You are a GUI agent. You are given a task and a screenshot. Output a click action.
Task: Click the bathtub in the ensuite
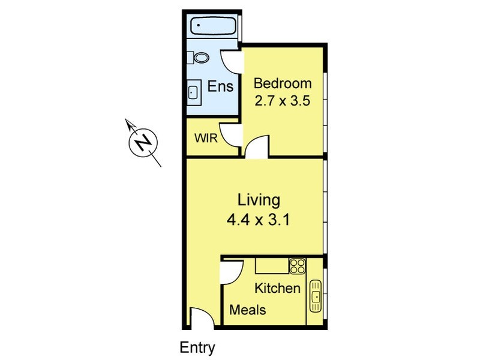213,26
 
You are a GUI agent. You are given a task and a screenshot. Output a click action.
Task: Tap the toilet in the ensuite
200,58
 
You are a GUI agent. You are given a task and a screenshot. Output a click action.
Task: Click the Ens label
220,86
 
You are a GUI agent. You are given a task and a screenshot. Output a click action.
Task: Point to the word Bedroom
283,83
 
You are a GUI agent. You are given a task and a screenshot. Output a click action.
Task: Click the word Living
259,200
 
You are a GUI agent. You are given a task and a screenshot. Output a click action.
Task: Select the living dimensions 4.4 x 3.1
259,219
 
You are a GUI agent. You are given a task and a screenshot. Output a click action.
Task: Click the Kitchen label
277,288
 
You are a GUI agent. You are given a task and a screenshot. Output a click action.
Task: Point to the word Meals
248,310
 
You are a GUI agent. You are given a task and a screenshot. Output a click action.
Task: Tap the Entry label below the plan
197,347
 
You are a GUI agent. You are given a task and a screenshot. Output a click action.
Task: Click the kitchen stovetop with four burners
297,266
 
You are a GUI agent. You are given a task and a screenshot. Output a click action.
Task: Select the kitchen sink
316,295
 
